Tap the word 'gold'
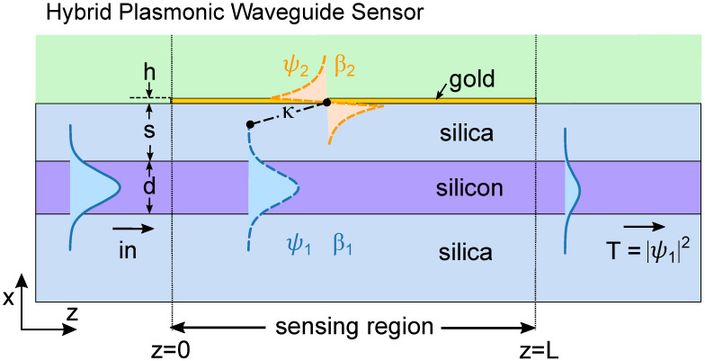473,78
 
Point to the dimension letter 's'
149,131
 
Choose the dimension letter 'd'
149,186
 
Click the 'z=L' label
537,347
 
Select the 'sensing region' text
353,325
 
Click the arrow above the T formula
638,227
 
